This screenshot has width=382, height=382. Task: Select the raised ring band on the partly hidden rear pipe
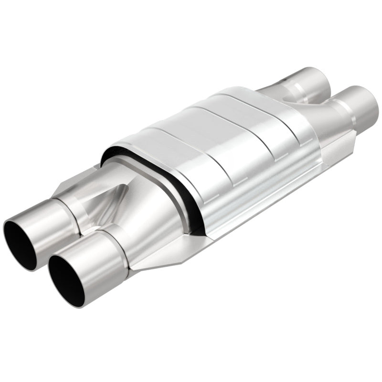(296, 84)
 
